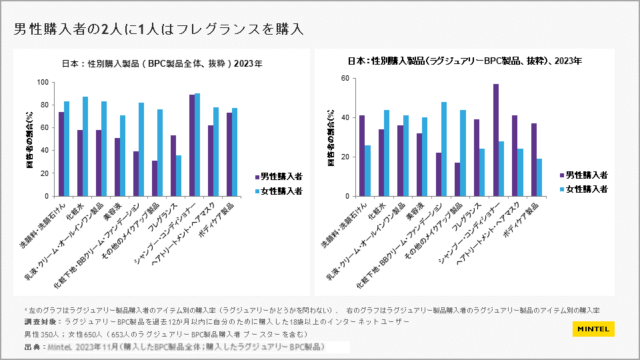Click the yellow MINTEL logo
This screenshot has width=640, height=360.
point(593,329)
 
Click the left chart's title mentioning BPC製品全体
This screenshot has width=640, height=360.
point(161,65)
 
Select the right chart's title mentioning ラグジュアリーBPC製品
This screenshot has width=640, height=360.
point(465,61)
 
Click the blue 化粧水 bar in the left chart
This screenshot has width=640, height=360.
point(85,147)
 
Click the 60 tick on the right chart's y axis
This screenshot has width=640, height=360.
point(345,78)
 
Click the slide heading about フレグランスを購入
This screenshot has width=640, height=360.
point(159,29)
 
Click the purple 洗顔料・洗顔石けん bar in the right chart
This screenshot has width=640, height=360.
point(362,156)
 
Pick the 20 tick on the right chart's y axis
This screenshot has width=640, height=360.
point(345,157)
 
